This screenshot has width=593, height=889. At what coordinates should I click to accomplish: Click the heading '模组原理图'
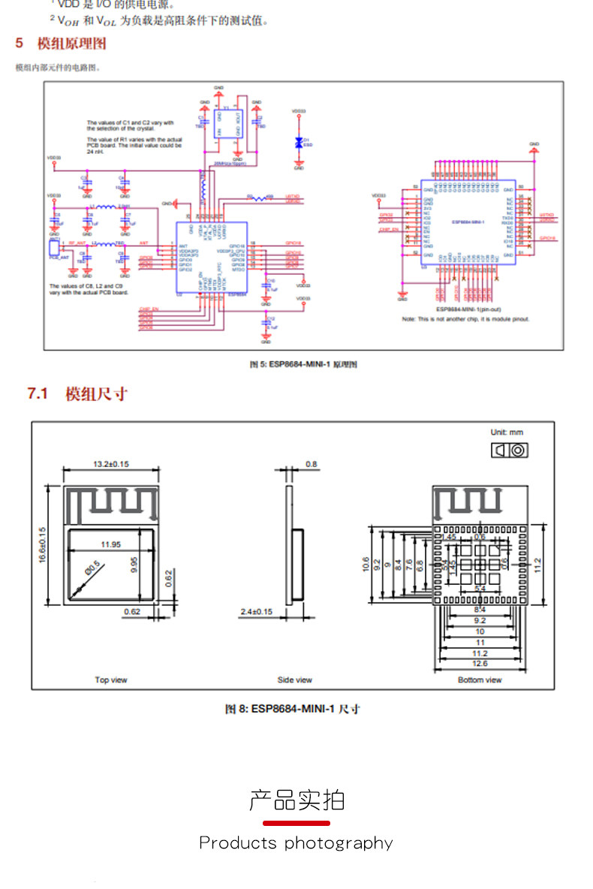(72, 44)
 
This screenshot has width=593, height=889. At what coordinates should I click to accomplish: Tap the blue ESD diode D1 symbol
(299, 142)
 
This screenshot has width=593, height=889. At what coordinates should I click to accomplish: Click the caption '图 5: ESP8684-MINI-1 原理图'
(303, 364)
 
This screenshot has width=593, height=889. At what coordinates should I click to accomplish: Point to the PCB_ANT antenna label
(59, 258)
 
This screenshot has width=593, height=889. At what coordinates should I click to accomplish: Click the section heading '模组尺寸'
(96, 393)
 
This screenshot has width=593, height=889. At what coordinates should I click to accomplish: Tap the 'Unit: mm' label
(507, 432)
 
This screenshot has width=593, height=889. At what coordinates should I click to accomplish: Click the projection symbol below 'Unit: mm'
(508, 450)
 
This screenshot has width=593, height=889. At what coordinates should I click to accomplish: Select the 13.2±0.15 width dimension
(111, 464)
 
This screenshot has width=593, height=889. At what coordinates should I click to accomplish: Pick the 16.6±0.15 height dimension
(43, 545)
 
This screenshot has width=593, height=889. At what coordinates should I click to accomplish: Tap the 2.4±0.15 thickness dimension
(256, 612)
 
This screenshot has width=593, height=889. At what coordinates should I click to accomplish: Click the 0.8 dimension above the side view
(312, 464)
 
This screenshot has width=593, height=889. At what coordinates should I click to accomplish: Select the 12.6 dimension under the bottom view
(480, 664)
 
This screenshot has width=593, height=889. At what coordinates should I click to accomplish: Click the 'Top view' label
(111, 680)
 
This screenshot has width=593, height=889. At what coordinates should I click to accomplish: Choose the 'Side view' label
(294, 680)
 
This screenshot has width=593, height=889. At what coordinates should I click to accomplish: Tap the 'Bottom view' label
(480, 680)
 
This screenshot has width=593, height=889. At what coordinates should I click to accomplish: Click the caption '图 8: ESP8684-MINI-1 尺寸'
(293, 709)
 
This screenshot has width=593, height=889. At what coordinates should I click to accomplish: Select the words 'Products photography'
(296, 843)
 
